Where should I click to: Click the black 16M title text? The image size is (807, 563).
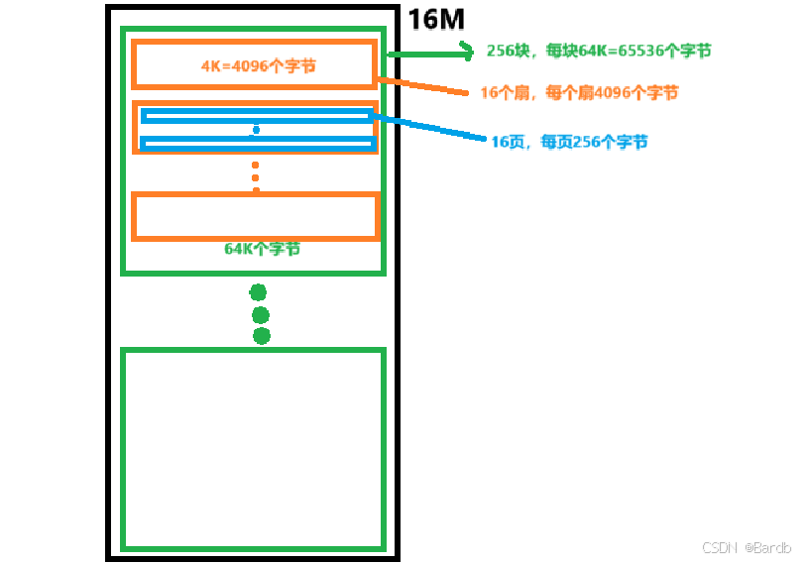coord(436,19)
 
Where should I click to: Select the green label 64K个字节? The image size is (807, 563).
coord(262,249)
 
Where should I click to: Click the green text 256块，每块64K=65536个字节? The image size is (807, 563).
coord(599,51)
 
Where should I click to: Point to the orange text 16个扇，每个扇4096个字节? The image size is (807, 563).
coord(580,92)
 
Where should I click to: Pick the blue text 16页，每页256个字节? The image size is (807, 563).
coord(570,142)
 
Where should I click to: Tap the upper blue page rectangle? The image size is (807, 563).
coord(257,116)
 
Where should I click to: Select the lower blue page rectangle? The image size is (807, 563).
coord(257,144)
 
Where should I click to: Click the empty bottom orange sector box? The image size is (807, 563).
coord(256,216)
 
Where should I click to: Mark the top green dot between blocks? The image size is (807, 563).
coord(258,291)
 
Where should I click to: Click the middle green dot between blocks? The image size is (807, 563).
coord(261,315)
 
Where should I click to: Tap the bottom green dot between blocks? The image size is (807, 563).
coord(262,336)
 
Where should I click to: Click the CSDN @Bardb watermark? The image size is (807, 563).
coord(747,548)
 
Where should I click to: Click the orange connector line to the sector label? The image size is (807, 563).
coord(421,86)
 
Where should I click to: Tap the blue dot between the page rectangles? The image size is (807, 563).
coord(256,130)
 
